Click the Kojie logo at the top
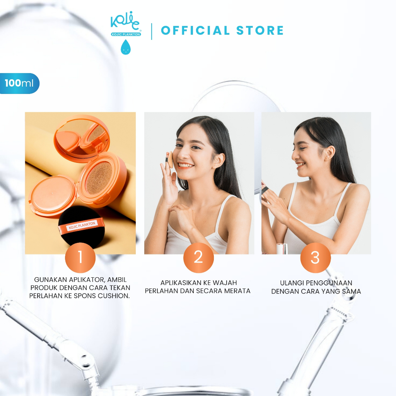click(126, 24)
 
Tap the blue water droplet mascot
click(126, 47)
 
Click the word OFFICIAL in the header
click(195, 31)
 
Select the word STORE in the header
click(260, 31)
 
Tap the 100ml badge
click(19, 84)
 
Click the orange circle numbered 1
click(80, 257)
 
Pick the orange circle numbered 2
click(198, 257)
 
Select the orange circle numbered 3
click(316, 257)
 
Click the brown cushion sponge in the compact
click(99, 178)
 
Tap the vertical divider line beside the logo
click(152, 32)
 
